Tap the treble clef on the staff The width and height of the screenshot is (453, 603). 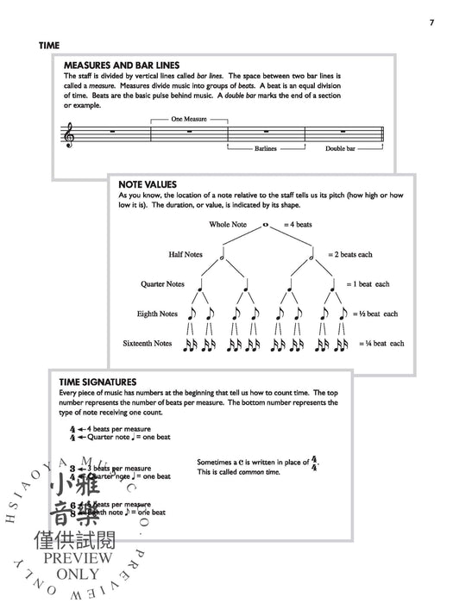(x=69, y=133)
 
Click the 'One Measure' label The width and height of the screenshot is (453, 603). (x=189, y=118)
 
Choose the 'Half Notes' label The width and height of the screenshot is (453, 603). (x=189, y=255)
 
